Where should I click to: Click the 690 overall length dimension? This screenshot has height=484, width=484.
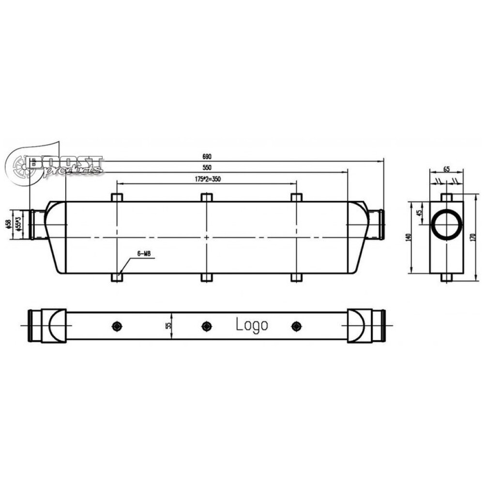(x=207, y=157)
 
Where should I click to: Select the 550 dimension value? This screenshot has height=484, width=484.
(x=207, y=167)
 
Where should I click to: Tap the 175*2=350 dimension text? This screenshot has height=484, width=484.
(x=207, y=179)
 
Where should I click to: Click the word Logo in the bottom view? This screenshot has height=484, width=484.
(x=252, y=325)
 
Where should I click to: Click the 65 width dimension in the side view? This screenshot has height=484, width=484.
(x=446, y=169)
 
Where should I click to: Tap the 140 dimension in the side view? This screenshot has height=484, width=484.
(x=408, y=237)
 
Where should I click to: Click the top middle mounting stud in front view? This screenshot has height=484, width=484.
(x=207, y=197)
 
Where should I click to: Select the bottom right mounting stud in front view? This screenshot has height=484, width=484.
(x=296, y=277)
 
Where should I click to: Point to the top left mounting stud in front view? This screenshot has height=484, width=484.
(x=117, y=197)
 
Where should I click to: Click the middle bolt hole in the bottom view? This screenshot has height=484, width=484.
(x=207, y=326)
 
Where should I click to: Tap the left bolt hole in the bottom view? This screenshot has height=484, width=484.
(x=117, y=326)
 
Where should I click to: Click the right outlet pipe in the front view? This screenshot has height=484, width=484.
(x=376, y=224)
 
